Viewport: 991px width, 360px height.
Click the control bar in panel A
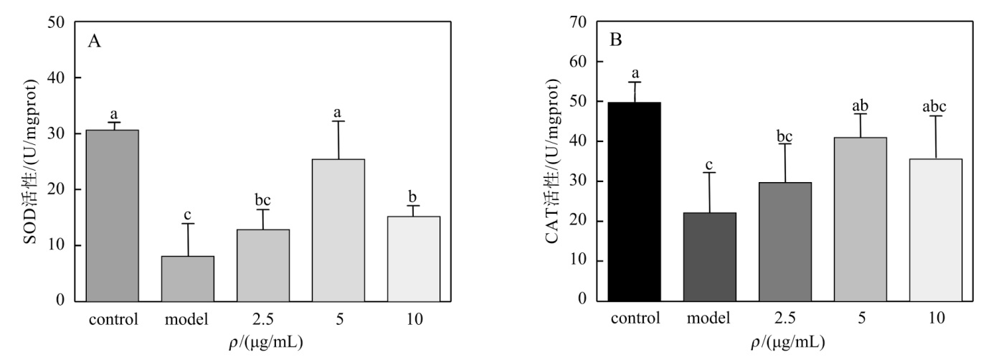point(113,216)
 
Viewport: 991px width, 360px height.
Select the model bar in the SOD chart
point(188,279)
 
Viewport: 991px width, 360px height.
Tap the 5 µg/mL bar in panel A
point(338,230)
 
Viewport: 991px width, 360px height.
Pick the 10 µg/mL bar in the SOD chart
point(414,259)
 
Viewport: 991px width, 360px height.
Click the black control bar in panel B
point(635,202)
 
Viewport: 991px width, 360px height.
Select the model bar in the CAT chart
point(710,257)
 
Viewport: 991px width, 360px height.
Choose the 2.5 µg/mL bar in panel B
point(785,242)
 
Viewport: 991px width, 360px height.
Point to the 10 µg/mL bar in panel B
point(936,230)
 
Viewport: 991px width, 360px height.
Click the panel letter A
point(94,42)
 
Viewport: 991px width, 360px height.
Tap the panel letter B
point(616,40)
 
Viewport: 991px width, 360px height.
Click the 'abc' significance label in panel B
point(934,107)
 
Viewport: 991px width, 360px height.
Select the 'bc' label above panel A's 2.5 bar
point(262,200)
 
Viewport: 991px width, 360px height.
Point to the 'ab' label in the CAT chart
point(860,105)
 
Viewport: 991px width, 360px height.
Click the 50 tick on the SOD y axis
point(56,22)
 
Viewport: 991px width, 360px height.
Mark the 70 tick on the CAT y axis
point(577,22)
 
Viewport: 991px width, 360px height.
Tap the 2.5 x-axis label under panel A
point(262,319)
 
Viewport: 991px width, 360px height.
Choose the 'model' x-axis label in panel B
point(708,318)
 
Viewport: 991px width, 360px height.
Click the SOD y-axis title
point(30,161)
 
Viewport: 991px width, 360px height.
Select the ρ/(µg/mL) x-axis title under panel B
point(788,343)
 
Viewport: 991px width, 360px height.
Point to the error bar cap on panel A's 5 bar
point(338,121)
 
